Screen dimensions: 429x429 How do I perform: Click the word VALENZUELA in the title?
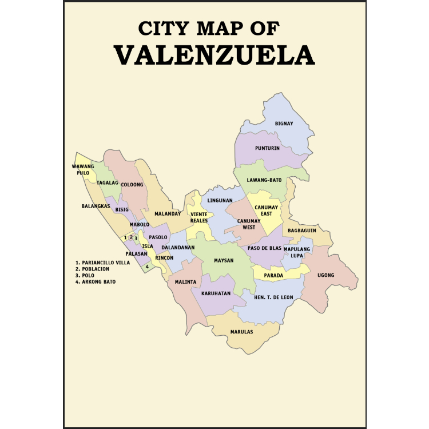pyautogui.click(x=214, y=54)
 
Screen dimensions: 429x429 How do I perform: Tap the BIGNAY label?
pyautogui.click(x=284, y=124)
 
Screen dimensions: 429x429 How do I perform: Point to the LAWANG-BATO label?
pyautogui.click(x=264, y=180)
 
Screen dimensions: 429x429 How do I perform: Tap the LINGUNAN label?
pyautogui.click(x=220, y=201)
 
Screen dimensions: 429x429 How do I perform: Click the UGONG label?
pyautogui.click(x=325, y=275)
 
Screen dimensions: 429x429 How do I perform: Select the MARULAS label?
pyautogui.click(x=241, y=332)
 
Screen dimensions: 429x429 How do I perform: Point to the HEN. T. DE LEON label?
pyautogui.click(x=273, y=298)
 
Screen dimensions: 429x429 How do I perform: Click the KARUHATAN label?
pyautogui.click(x=216, y=293)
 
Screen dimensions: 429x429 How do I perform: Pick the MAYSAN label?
pyautogui.click(x=224, y=261)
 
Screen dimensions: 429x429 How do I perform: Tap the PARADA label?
pyautogui.click(x=273, y=275)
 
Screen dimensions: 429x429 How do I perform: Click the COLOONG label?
pyautogui.click(x=132, y=185)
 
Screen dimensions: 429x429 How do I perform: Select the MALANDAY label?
pyautogui.click(x=168, y=213)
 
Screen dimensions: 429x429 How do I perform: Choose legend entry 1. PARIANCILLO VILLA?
pyautogui.click(x=103, y=263)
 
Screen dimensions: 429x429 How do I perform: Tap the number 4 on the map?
pyautogui.click(x=147, y=266)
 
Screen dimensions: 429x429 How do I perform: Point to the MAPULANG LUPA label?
pyautogui.click(x=297, y=252)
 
